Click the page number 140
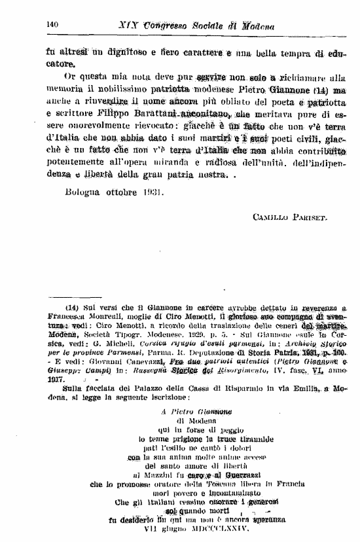tap(52, 25)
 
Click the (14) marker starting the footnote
tap(75, 307)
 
